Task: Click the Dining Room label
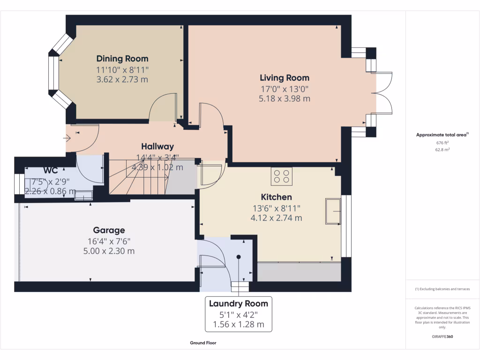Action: pos(122,59)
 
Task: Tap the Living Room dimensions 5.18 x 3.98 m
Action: pos(285,98)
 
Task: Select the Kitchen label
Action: pos(277,197)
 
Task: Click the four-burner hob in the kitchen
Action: pos(281,176)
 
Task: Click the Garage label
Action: pos(109,230)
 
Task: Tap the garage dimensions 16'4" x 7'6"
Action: pos(109,241)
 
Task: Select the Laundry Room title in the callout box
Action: pos(239,303)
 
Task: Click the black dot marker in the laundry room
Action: pos(239,257)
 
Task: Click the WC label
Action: pos(51,170)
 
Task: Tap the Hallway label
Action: pos(157,147)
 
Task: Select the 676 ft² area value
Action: pos(442,143)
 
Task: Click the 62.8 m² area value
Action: pos(442,150)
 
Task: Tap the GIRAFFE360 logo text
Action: pos(442,337)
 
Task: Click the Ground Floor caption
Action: pos(203,343)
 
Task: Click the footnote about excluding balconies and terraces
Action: pos(442,289)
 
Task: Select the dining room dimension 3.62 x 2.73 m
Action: pos(122,80)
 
